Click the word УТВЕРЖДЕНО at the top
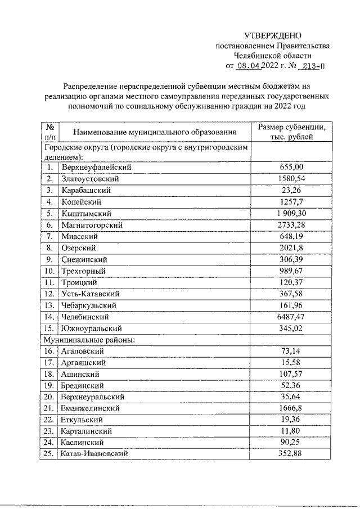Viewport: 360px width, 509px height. coord(273,35)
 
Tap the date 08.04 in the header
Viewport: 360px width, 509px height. coord(250,66)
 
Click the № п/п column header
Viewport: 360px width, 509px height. coord(50,132)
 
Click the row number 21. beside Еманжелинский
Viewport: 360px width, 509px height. coord(50,408)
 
